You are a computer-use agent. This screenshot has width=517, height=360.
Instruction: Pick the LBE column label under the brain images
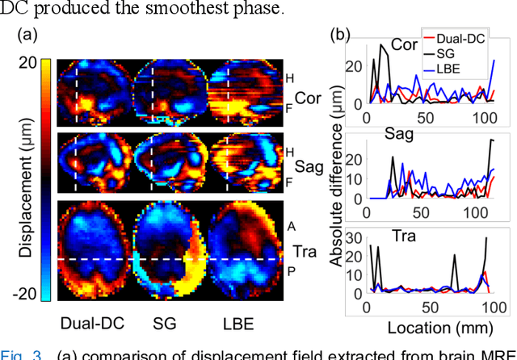point(238,324)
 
